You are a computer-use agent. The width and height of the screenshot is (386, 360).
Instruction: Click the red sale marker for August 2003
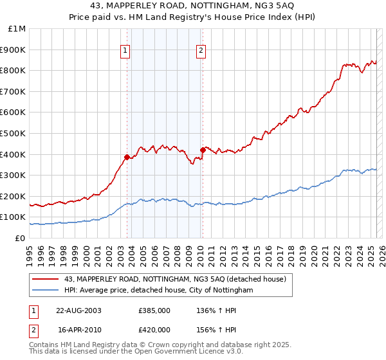(x=127, y=157)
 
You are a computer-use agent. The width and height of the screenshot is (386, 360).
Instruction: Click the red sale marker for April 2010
(x=203, y=150)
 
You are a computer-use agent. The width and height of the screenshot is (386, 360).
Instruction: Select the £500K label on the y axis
(x=14, y=133)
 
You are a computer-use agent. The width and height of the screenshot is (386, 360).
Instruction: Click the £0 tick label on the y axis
(x=20, y=238)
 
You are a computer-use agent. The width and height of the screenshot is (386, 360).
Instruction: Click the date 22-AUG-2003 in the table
(x=78, y=310)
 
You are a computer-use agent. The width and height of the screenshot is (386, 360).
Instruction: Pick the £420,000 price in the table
(x=154, y=328)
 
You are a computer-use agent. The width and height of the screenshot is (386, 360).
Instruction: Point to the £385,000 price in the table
(x=154, y=310)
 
